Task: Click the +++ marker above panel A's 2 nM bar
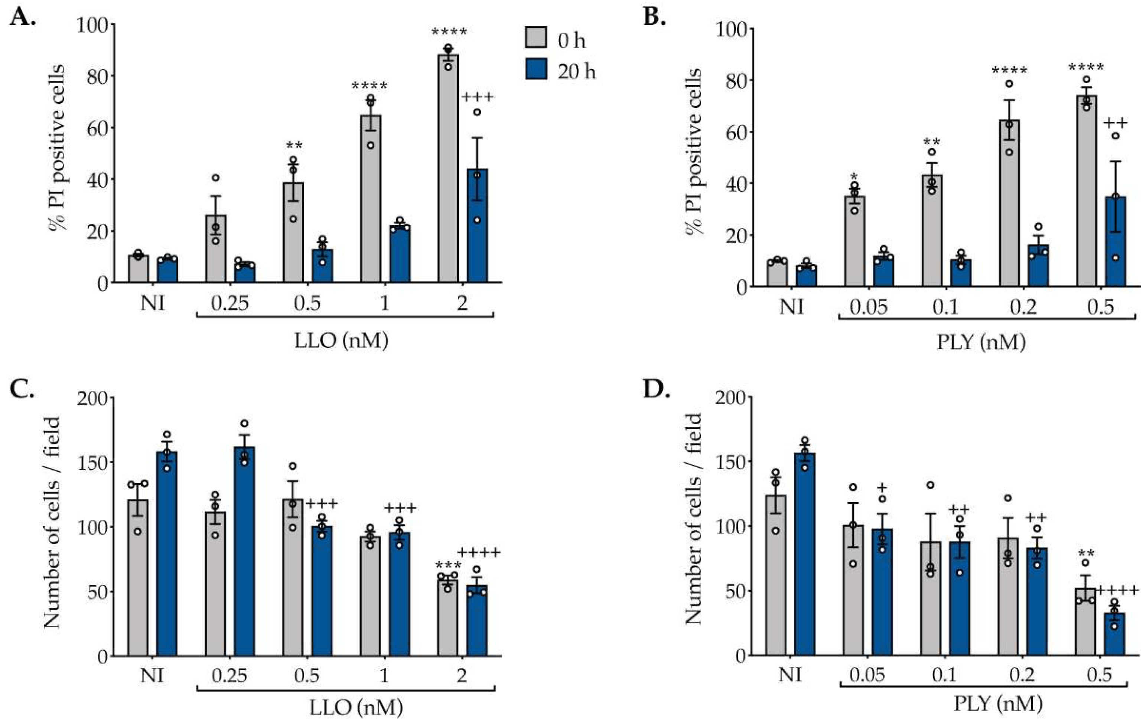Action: [x=477, y=98]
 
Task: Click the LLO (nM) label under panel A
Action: [x=341, y=341]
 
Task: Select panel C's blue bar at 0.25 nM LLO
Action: [x=244, y=552]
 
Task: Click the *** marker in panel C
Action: [x=448, y=565]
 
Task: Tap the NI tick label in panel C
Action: [x=152, y=675]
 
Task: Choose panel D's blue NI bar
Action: [x=804, y=555]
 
